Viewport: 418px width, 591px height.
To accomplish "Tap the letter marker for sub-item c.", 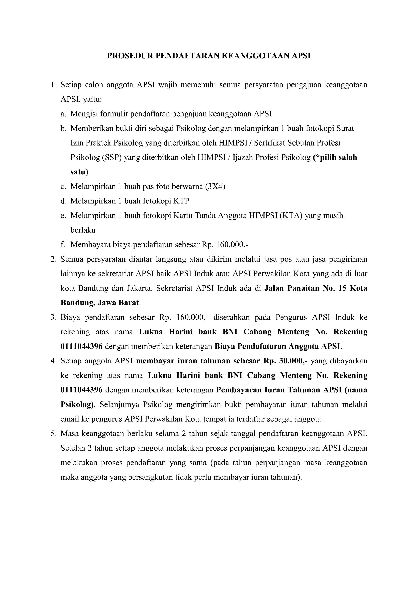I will click(63, 186).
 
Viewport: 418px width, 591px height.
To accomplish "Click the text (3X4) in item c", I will click(215, 186).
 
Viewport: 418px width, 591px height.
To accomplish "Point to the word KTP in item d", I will click(181, 201).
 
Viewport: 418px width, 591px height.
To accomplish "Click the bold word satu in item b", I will click(78, 172).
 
